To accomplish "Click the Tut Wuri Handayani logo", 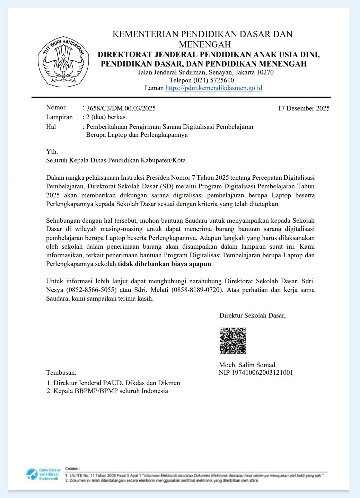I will pyautogui.click(x=64, y=62).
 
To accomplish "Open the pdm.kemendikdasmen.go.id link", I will pyautogui.click(x=213, y=88).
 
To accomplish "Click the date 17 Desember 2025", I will pyautogui.click(x=304, y=108).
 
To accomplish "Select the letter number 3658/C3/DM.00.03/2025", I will pyautogui.click(x=121, y=108).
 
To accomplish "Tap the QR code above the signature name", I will pyautogui.click(x=232, y=341).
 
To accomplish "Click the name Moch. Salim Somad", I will pyautogui.click(x=247, y=365).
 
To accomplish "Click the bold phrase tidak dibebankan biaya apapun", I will pyautogui.click(x=164, y=264).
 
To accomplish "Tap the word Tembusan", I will pyautogui.click(x=61, y=373).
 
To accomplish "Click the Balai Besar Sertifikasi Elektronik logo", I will pyautogui.click(x=43, y=474).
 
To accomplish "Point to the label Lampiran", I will pyautogui.click(x=59, y=117).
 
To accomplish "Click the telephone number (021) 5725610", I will pyautogui.click(x=213, y=80).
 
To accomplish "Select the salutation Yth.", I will pyautogui.click(x=52, y=152).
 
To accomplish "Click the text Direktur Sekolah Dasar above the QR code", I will pyautogui.click(x=252, y=315).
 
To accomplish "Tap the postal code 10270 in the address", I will pyautogui.click(x=265, y=72).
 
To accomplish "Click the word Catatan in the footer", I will pyautogui.click(x=72, y=469).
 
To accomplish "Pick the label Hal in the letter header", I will pyautogui.click(x=51, y=127).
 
